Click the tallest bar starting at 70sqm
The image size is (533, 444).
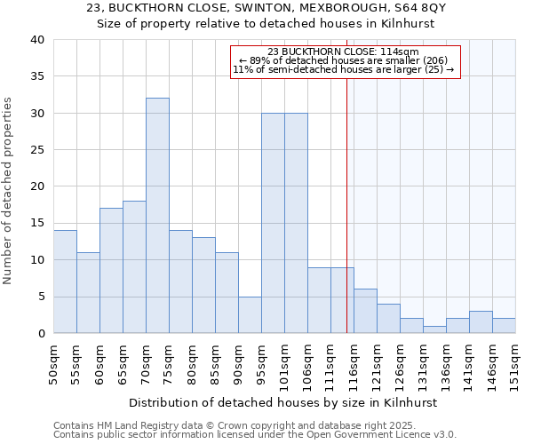click(x=157, y=216)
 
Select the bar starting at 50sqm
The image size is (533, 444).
click(x=65, y=281)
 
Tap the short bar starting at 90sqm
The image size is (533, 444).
click(x=250, y=314)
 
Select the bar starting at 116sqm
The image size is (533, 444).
click(x=365, y=311)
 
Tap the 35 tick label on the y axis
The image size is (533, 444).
click(x=36, y=76)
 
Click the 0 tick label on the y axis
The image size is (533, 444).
click(x=40, y=333)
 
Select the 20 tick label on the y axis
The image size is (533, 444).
click(x=36, y=186)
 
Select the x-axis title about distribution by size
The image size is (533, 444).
click(x=283, y=402)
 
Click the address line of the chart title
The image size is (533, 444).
click(x=266, y=7)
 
